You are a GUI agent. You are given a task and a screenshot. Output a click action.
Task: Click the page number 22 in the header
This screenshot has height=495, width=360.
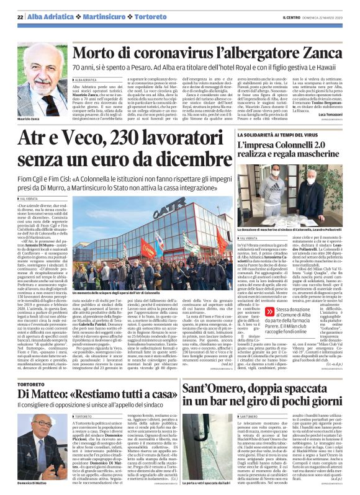20,17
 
